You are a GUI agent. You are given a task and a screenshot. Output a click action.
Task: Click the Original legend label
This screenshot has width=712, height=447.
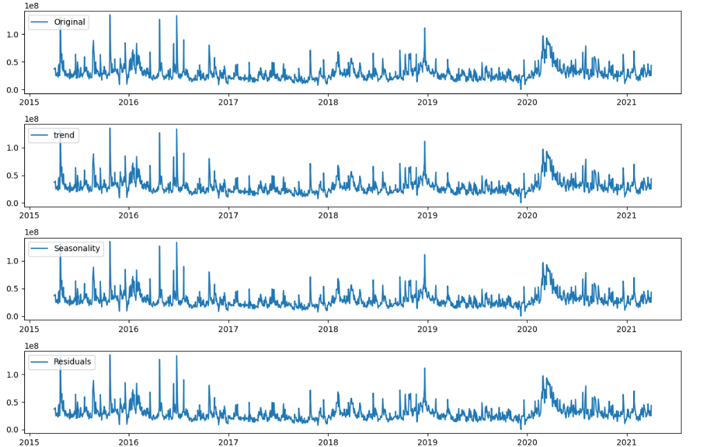point(69,22)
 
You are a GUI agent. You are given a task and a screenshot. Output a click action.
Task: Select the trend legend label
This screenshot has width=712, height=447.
point(64,135)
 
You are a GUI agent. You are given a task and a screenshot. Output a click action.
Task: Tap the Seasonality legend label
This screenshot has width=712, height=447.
point(77,248)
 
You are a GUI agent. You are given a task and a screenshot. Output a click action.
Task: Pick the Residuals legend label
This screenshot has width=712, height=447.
point(73,361)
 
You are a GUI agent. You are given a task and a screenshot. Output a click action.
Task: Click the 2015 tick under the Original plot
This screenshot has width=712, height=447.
point(30,102)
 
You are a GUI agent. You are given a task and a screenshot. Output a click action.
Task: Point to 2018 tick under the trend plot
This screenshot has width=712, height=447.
point(328,215)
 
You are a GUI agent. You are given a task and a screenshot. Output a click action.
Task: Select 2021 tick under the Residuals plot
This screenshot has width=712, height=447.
point(626,441)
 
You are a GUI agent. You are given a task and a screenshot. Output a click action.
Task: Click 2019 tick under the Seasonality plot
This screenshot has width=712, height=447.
point(428,328)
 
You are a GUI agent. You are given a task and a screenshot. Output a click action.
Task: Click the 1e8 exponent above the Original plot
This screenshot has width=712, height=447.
point(32,6)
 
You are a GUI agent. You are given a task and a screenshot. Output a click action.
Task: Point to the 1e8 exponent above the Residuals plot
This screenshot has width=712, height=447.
point(32,346)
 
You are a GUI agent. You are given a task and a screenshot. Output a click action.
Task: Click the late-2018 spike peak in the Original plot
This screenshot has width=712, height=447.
point(424,28)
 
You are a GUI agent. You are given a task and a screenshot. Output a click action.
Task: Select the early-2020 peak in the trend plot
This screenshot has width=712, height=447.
point(543,149)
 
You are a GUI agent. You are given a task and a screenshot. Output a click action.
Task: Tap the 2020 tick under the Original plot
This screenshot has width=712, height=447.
point(527,102)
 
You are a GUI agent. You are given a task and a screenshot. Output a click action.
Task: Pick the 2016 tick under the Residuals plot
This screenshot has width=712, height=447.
point(129,441)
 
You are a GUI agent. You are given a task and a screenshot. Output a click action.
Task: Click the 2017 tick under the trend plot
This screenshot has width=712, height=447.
point(228,215)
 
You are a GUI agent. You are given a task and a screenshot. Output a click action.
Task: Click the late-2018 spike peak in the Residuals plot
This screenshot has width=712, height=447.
point(424,368)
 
